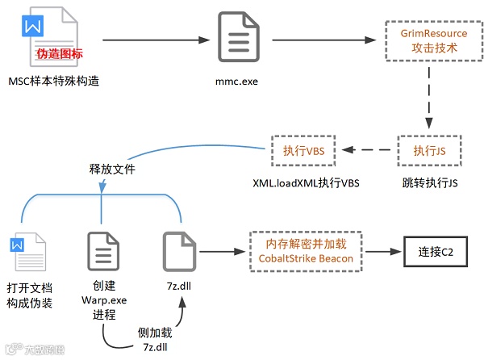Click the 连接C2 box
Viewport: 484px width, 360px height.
(x=436, y=252)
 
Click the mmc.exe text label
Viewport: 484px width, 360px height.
(x=238, y=82)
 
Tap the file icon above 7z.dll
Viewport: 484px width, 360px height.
(x=180, y=251)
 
